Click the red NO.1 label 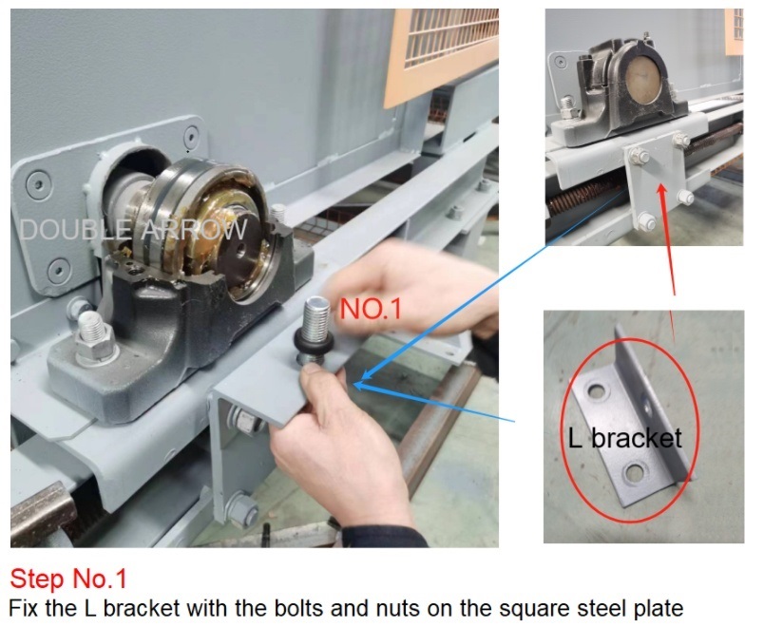coord(371,308)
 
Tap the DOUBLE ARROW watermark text coord(133,229)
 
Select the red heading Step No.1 coord(68,579)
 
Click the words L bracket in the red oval coord(625,438)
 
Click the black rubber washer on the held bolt coord(315,343)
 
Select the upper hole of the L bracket coord(597,389)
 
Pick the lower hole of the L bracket coord(635,472)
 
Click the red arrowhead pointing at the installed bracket coord(661,190)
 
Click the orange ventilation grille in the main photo coord(441,53)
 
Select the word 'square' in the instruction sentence coord(535,610)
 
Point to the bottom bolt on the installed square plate coord(646,221)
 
